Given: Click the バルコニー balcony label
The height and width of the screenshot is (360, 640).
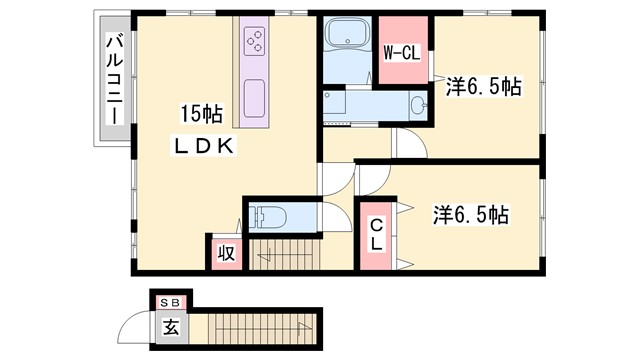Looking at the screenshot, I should coord(114,79).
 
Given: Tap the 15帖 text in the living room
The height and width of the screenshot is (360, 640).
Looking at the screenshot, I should coord(201,111).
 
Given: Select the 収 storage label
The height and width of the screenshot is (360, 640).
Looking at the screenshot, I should coord(226,253).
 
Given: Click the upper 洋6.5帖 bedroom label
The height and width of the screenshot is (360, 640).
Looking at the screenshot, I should coord(482,88).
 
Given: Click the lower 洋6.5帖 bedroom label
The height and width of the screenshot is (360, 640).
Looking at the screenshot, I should coord(471,214).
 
